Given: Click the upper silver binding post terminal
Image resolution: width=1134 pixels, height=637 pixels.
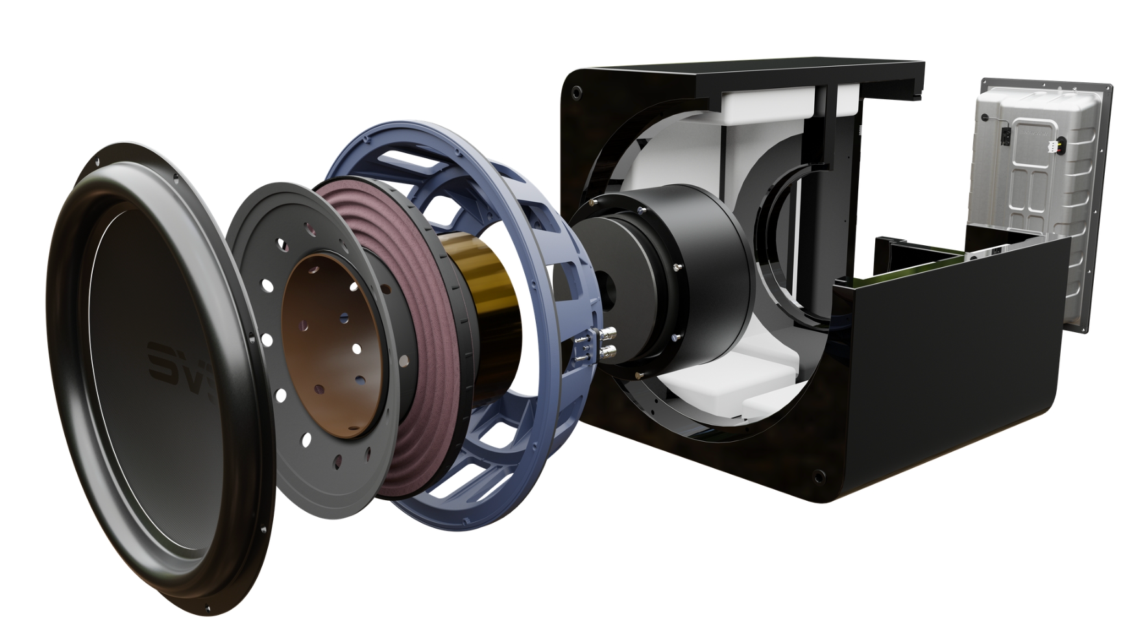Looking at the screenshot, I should [x=609, y=335].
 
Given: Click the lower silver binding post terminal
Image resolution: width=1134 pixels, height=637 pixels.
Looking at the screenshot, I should [x=609, y=353].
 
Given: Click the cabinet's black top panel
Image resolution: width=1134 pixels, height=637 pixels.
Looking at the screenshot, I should [x=811, y=71].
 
